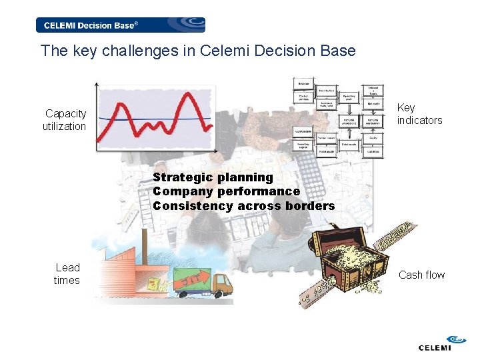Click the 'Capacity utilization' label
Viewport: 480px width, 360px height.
(x=65, y=120)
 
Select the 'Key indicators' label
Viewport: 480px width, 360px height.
(x=419, y=114)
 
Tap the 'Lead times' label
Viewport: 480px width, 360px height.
(x=67, y=274)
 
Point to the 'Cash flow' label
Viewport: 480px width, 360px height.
(x=421, y=275)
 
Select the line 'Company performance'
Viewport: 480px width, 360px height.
(x=226, y=191)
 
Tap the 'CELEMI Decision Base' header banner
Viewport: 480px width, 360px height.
(x=121, y=25)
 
